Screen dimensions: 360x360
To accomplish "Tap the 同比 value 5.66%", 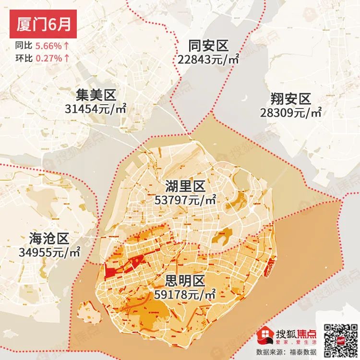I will point(48,47).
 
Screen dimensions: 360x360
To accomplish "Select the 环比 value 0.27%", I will point(48,58).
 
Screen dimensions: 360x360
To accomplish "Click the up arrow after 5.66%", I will point(66,47).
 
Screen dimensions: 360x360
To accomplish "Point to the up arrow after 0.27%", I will point(66,58).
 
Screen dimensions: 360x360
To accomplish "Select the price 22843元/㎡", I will point(208,60).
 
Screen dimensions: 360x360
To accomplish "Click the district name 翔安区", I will point(291,99).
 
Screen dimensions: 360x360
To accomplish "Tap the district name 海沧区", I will point(49,238).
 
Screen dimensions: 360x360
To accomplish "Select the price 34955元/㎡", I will point(49,252).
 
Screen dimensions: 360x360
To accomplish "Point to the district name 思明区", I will point(185,280).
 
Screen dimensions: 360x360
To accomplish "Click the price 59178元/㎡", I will point(185,293).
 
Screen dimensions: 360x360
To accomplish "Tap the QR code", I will point(339,338).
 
